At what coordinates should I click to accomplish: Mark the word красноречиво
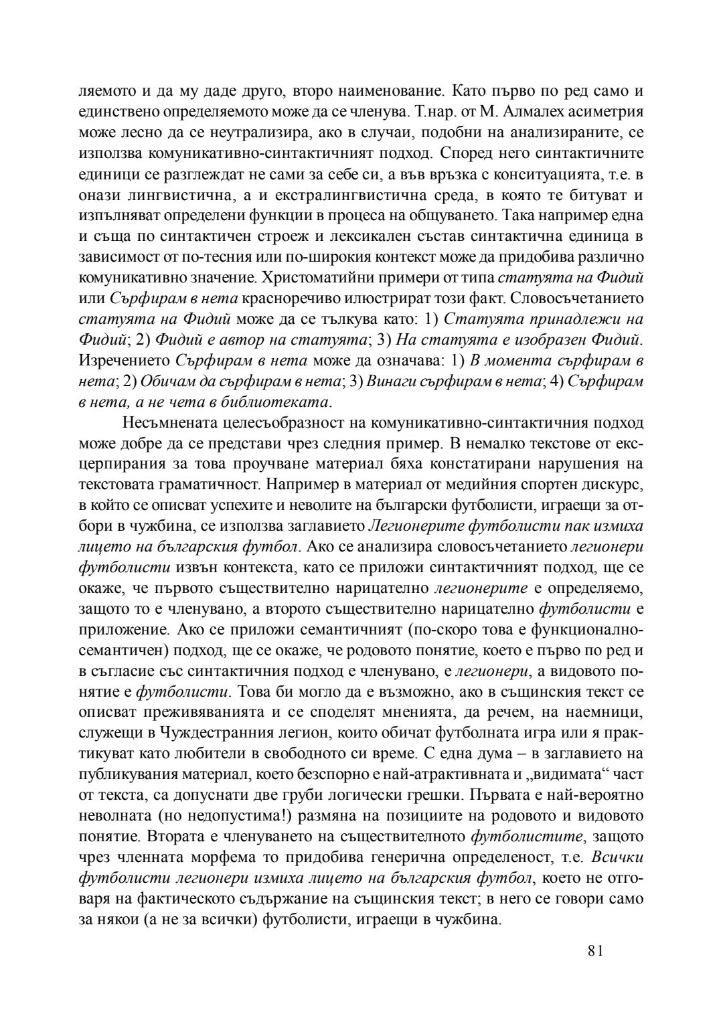click(x=297, y=297)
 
